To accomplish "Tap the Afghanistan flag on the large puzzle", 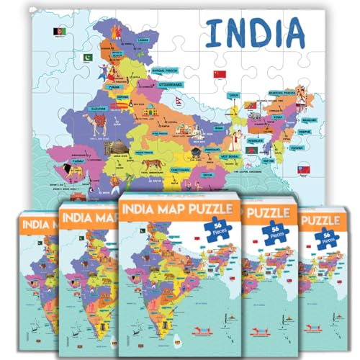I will click(x=58, y=32).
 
